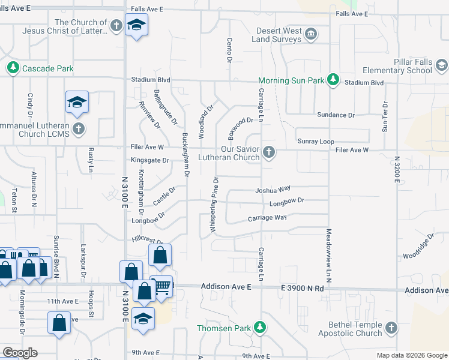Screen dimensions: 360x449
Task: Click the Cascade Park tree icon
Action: click(13, 68)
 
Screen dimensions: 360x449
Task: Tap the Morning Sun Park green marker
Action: click(333, 80)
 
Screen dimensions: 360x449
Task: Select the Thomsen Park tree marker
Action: click(260, 328)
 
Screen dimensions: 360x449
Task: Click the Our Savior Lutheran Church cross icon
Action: click(269, 152)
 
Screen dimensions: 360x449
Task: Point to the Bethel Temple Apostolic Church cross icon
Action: click(391, 328)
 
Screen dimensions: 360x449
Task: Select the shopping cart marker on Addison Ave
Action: click(161, 287)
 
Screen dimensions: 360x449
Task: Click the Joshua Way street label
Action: click(273, 190)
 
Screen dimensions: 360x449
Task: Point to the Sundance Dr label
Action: click(336, 115)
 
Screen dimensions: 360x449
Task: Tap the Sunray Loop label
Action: click(316, 142)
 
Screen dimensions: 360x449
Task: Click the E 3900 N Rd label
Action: click(303, 288)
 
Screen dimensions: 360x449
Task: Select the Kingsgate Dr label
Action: click(150, 160)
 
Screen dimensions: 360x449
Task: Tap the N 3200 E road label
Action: click(397, 174)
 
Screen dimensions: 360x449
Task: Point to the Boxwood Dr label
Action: click(237, 127)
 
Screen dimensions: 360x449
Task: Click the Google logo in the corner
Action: click(20, 353)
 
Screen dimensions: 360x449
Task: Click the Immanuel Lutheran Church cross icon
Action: click(78, 128)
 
